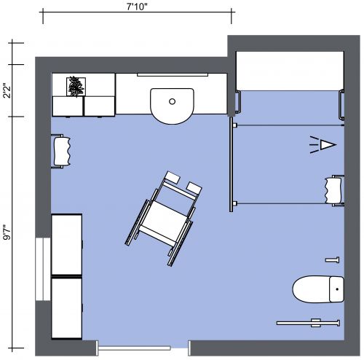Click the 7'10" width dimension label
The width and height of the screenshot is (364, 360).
coord(137,7)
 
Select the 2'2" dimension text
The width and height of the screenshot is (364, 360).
coord(7,93)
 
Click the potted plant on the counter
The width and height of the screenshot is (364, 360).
coord(75,87)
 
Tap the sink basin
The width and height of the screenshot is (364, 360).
coord(173,103)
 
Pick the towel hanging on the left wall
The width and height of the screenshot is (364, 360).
coord(60,151)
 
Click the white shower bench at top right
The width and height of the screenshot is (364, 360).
coord(289,71)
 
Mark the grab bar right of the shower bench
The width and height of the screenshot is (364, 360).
coord(340,104)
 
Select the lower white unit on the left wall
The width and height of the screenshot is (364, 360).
coord(68,308)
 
